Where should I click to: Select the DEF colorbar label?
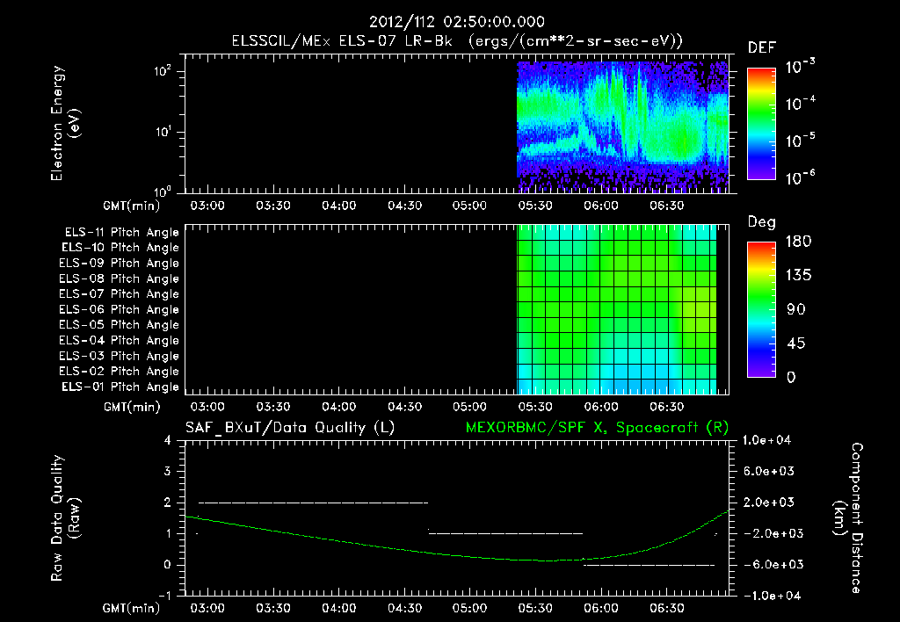pos(761,48)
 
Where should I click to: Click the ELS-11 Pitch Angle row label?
pos(120,233)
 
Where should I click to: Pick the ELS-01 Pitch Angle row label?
pos(120,387)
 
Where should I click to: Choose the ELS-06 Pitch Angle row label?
pos(120,309)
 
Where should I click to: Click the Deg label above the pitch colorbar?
pos(761,222)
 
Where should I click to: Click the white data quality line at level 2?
pos(314,503)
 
